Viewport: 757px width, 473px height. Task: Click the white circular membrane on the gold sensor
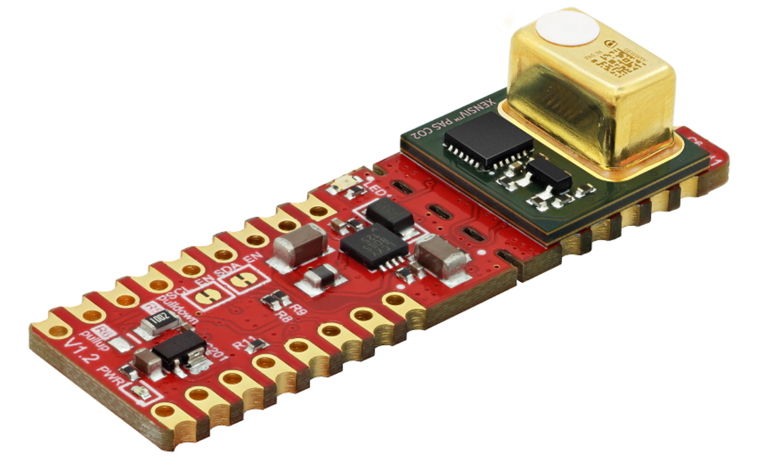click(568, 29)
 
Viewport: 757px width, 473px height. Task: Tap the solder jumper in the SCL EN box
click(205, 297)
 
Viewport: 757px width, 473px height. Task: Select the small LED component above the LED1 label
click(342, 184)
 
